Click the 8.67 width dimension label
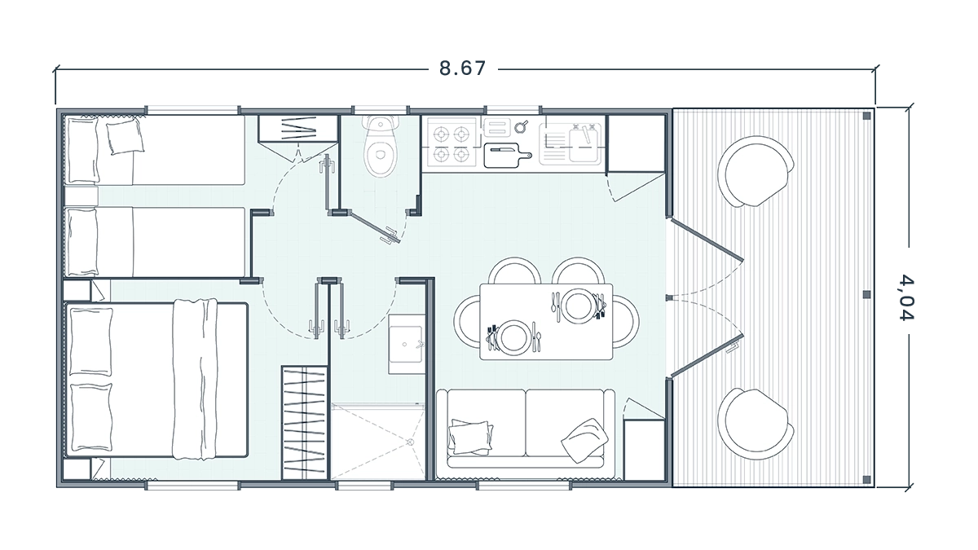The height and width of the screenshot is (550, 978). [462, 68]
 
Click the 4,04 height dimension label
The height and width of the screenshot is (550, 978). [905, 297]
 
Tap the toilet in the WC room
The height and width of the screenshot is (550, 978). [381, 146]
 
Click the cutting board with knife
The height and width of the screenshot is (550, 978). [507, 156]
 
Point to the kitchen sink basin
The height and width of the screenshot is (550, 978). [584, 143]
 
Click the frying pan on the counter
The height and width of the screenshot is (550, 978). [521, 126]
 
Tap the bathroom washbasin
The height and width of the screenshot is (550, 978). [407, 345]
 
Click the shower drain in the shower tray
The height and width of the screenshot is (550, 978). [410, 442]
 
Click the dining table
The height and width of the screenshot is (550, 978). [546, 322]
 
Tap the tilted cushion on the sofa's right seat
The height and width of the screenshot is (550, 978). [584, 441]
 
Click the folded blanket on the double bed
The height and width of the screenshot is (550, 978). [195, 380]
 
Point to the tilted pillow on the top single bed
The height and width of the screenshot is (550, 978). [126, 137]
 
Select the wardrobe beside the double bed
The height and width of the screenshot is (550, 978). [304, 423]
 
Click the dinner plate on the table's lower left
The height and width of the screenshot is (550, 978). [513, 337]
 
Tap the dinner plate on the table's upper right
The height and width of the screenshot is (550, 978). [578, 306]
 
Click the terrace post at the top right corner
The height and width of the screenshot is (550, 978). [866, 116]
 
